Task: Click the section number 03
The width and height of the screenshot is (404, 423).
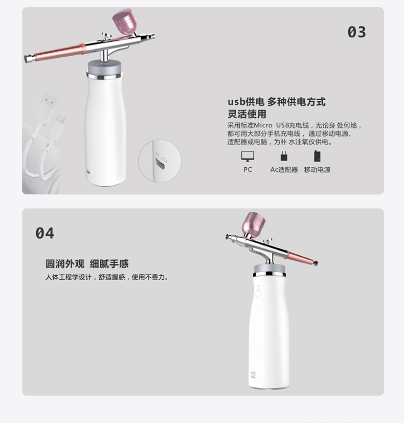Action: point(356,32)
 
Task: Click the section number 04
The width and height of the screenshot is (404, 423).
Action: point(45,233)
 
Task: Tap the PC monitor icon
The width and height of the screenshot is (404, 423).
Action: point(248,157)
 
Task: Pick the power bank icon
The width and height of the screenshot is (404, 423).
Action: point(317,156)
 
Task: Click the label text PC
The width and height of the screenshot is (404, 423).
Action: point(248,170)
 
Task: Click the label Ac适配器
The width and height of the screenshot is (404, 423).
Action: point(284,170)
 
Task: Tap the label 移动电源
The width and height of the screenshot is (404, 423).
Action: point(317,170)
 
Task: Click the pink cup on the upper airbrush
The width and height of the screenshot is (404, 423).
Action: point(125,21)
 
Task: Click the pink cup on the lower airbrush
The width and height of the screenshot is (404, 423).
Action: point(254,225)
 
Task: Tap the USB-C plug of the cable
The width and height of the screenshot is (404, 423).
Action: point(57,125)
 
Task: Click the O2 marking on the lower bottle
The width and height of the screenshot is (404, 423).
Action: point(253,375)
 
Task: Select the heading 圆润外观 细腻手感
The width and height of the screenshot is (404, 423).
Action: point(87,264)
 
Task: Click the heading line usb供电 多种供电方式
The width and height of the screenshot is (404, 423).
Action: point(277,102)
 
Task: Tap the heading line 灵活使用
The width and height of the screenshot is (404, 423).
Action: point(247,114)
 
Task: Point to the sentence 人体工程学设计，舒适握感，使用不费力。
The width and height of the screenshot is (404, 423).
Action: point(107,277)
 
